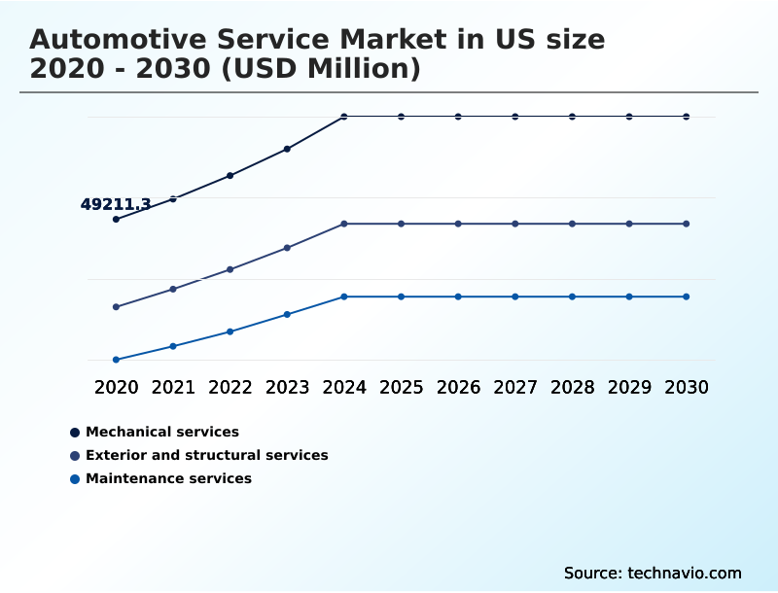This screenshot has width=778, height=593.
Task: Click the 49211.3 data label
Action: [115, 204]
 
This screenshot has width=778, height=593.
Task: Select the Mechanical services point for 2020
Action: [116, 220]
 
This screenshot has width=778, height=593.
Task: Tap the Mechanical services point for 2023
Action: [287, 149]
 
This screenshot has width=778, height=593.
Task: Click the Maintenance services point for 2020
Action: [116, 360]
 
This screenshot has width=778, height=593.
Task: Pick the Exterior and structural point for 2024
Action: [344, 224]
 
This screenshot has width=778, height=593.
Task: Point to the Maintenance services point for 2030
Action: [687, 296]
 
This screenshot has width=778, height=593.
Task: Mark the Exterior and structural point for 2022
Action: [230, 269]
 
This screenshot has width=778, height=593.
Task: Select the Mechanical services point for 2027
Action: [515, 117]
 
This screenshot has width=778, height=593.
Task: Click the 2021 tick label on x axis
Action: [173, 387]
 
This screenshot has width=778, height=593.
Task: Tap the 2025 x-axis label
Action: [401, 387]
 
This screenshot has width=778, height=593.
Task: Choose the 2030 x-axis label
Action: [687, 387]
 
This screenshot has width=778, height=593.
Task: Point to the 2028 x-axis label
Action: [572, 387]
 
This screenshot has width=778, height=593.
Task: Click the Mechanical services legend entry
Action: [161, 432]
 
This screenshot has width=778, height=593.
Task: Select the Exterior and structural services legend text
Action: [206, 455]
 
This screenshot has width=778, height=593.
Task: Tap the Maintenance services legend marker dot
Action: [75, 479]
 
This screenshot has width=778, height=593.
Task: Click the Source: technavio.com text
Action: [652, 573]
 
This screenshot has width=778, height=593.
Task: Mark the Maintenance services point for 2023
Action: [287, 314]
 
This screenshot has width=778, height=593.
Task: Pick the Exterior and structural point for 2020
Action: [116, 307]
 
